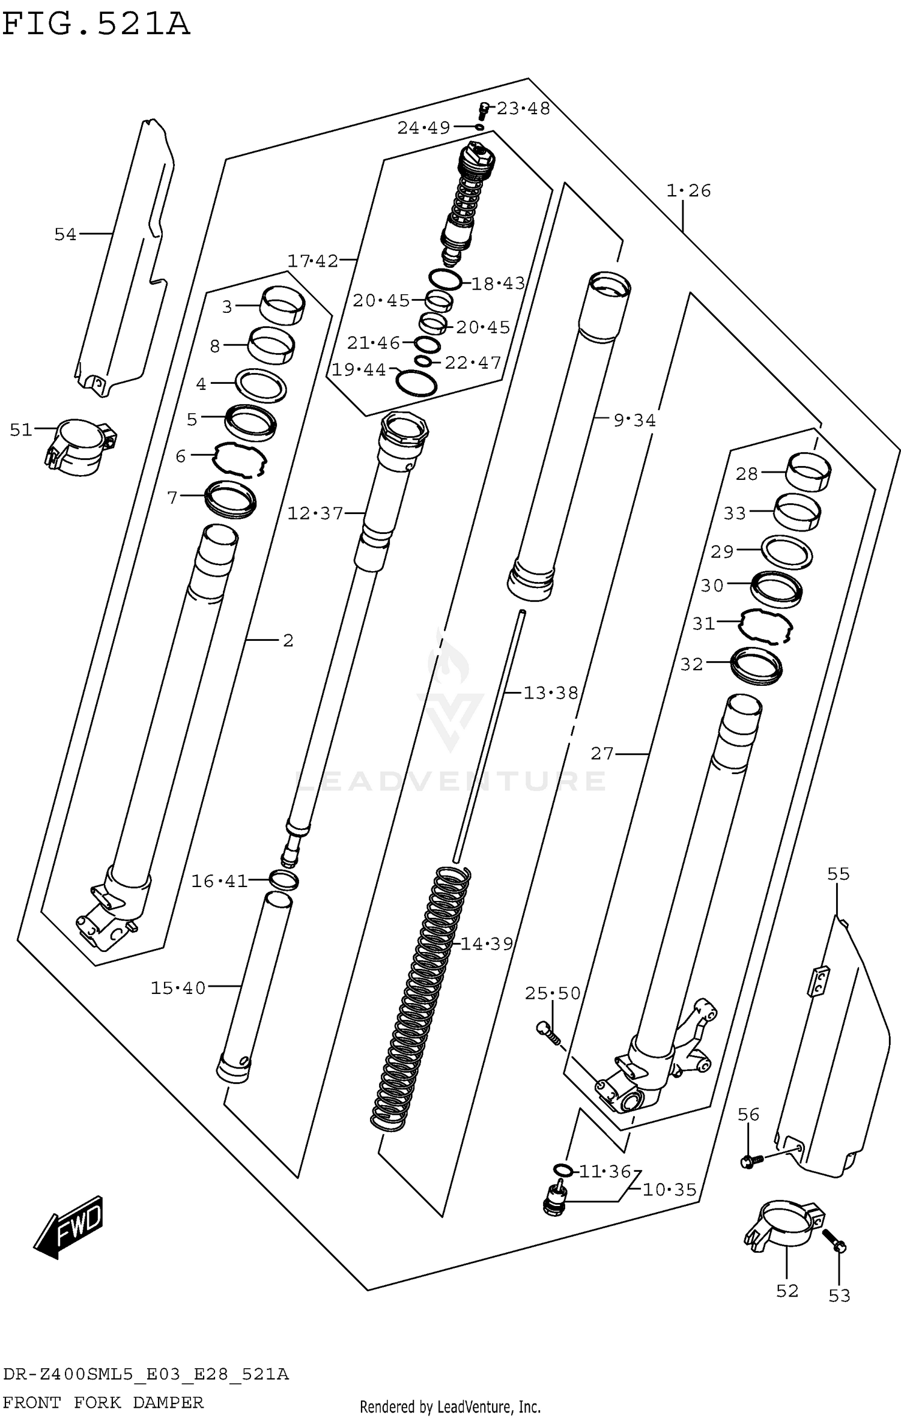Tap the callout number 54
tap(65, 234)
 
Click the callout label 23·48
tap(523, 109)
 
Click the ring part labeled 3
tap(282, 305)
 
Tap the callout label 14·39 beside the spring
tap(487, 944)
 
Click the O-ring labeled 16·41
tap(284, 880)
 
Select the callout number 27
tap(602, 753)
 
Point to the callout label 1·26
tap(688, 191)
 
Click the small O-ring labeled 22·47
tap(423, 361)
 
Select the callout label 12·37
tap(315, 514)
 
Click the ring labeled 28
tap(808, 472)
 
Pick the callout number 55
tap(838, 874)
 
